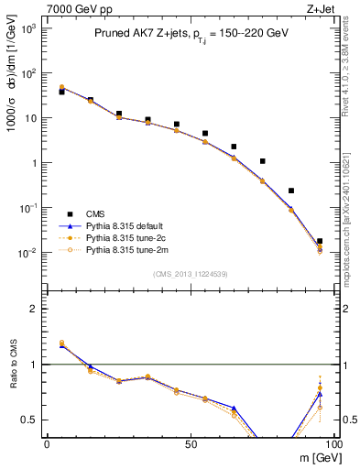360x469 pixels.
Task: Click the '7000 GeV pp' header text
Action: [x=74, y=8]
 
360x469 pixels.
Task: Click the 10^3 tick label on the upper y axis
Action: [x=30, y=29]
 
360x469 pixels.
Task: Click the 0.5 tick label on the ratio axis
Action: [x=32, y=420]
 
